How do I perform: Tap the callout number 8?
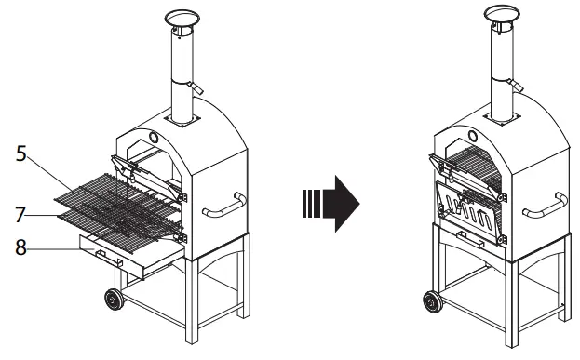click(20, 248)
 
